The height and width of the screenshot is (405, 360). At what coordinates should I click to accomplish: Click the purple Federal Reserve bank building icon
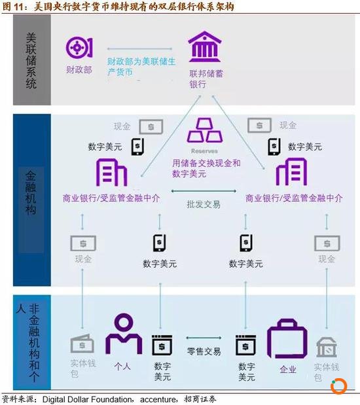click(x=205, y=46)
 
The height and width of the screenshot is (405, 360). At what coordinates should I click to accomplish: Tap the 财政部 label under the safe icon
click(x=79, y=69)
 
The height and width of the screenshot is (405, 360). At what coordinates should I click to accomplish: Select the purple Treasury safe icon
click(x=79, y=48)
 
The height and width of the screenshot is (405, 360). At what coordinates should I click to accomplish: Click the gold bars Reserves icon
click(x=205, y=130)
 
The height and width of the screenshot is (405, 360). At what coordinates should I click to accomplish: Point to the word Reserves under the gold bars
click(x=204, y=151)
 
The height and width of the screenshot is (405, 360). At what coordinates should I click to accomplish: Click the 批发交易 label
click(x=204, y=204)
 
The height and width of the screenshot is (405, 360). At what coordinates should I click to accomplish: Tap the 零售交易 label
click(x=204, y=351)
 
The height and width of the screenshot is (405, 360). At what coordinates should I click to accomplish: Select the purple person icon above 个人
click(x=124, y=333)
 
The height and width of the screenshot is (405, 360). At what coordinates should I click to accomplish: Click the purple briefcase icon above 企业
click(x=287, y=339)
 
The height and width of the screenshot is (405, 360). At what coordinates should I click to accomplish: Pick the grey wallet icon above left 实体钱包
click(x=82, y=343)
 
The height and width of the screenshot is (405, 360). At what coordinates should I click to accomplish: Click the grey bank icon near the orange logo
click(x=327, y=347)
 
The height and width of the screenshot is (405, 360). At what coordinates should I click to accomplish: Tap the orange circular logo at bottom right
click(x=338, y=387)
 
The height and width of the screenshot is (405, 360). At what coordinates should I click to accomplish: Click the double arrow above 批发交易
click(x=204, y=191)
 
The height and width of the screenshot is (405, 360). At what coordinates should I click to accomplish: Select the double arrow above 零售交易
click(x=204, y=338)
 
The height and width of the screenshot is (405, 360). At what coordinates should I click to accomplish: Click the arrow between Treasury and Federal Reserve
click(x=139, y=48)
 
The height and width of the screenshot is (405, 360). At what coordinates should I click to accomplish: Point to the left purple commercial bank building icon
click(x=111, y=172)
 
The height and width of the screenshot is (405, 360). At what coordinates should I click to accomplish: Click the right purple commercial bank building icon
click(x=291, y=172)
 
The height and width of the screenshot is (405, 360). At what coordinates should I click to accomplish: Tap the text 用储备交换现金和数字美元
click(x=206, y=168)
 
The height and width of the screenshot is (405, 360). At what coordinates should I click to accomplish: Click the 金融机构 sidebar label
click(x=31, y=192)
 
